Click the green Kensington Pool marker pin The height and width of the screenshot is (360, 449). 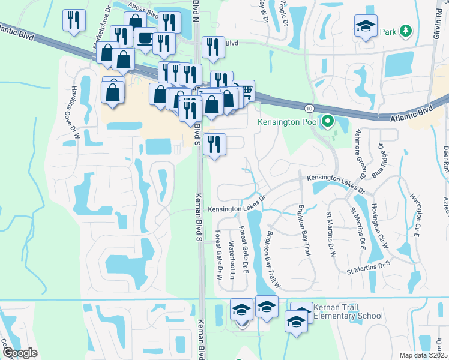coord(328,122)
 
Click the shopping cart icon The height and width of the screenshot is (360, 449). coord(245,91)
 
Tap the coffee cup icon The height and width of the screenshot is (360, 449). coord(145,38)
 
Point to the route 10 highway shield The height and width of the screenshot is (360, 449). coord(309,108)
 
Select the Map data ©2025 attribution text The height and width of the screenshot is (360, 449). coord(423,355)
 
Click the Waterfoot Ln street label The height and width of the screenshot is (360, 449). coord(232,260)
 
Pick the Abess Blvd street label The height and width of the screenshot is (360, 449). coord(145,11)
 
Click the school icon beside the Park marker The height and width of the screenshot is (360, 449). coord(365,26)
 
